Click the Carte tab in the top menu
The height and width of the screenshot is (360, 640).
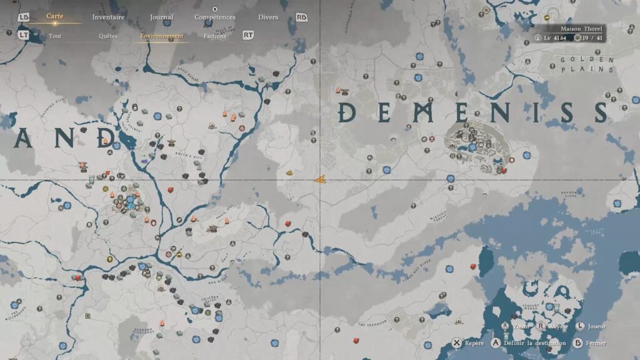(54, 17)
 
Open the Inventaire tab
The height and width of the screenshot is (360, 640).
(108, 17)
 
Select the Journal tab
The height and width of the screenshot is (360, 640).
(162, 17)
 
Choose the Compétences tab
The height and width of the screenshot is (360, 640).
(215, 17)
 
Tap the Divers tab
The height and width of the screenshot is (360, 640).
(268, 17)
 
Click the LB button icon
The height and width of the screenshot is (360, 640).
(24, 17)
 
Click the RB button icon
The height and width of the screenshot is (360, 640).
(302, 17)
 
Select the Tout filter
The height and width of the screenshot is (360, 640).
(55, 36)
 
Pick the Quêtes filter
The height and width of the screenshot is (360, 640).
(108, 36)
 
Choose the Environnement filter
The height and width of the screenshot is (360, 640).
(162, 36)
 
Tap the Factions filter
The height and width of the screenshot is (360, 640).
(215, 36)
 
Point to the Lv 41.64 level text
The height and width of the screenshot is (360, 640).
(554, 38)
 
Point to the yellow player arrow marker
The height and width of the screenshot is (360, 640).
(319, 180)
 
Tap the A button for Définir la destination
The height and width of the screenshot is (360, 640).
(496, 343)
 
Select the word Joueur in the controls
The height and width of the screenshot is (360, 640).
(596, 326)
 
